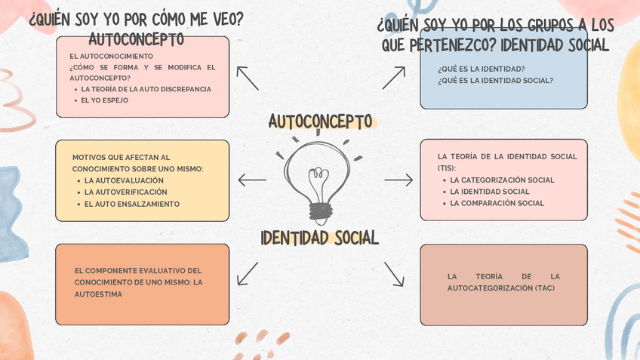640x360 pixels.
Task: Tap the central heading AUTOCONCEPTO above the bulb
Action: pyautogui.click(x=320, y=122)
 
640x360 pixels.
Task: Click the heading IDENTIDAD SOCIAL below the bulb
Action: pyautogui.click(x=319, y=238)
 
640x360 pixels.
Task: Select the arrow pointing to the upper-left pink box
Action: pyautogui.click(x=248, y=78)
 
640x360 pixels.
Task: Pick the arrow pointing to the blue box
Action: pyautogui.click(x=393, y=78)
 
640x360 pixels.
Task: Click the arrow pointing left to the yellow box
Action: pyautogui.click(x=252, y=180)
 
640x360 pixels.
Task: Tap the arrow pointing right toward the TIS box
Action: pyautogui.click(x=398, y=180)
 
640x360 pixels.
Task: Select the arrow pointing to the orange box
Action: pyautogui.click(x=248, y=273)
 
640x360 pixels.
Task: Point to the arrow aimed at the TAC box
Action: pyautogui.click(x=394, y=274)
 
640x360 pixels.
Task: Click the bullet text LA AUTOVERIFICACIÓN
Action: pyautogui.click(x=126, y=192)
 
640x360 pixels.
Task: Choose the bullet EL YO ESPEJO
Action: pyautogui.click(x=105, y=100)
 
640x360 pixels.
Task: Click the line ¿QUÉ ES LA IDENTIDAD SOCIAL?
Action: pyautogui.click(x=496, y=81)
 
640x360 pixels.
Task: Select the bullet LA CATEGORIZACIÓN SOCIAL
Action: pyautogui.click(x=503, y=180)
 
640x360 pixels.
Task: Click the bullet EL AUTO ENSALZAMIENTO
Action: pyautogui.click(x=132, y=204)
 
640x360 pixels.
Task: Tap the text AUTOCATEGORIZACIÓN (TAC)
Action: pyautogui.click(x=501, y=288)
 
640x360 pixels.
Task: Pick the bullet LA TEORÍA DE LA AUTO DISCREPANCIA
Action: pyautogui.click(x=146, y=89)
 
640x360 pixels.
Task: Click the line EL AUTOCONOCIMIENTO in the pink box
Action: pyautogui.click(x=111, y=56)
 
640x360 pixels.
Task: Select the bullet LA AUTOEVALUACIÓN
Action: pyautogui.click(x=124, y=181)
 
